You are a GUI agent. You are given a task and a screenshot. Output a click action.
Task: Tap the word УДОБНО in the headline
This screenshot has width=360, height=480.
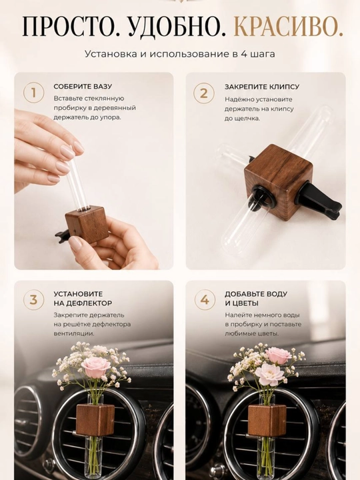[177, 27]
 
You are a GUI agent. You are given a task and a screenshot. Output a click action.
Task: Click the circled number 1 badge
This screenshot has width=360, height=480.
[34, 93]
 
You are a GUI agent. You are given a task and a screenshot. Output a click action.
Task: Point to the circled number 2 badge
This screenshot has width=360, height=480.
[203, 93]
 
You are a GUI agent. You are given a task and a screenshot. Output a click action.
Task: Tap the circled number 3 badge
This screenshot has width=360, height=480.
[34, 300]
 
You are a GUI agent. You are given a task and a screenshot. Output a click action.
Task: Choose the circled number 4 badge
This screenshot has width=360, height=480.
[204, 300]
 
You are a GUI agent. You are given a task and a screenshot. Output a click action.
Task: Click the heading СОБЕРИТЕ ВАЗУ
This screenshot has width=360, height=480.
[83, 87]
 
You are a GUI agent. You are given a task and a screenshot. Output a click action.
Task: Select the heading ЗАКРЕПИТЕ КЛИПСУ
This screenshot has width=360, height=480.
[262, 87]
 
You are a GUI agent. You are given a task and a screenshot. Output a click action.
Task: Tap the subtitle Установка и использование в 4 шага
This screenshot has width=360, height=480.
[180, 54]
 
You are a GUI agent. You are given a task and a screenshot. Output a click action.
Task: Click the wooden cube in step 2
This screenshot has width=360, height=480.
[279, 180]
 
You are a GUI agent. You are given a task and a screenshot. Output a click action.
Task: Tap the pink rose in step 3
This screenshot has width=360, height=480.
[96, 367]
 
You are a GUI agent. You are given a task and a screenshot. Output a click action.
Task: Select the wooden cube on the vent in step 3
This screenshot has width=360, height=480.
[95, 420]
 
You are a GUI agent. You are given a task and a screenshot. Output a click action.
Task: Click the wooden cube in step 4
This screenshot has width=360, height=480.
[267, 420]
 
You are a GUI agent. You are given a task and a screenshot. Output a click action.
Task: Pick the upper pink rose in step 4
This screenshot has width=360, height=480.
[278, 355]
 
